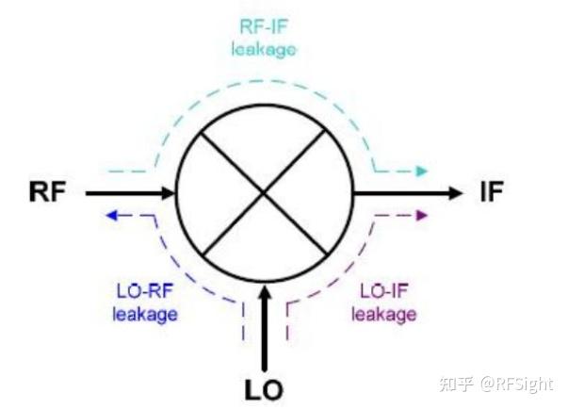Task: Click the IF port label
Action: [x=492, y=193]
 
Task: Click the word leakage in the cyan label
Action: [x=264, y=46]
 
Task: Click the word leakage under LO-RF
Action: [x=144, y=314]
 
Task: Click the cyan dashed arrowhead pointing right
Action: [x=423, y=172]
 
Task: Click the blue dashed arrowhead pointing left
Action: [x=109, y=216]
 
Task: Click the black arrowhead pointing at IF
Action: [x=458, y=193]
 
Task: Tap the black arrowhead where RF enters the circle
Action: [x=170, y=193]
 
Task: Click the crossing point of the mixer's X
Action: [x=265, y=193]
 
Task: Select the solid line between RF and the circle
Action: [x=122, y=193]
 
